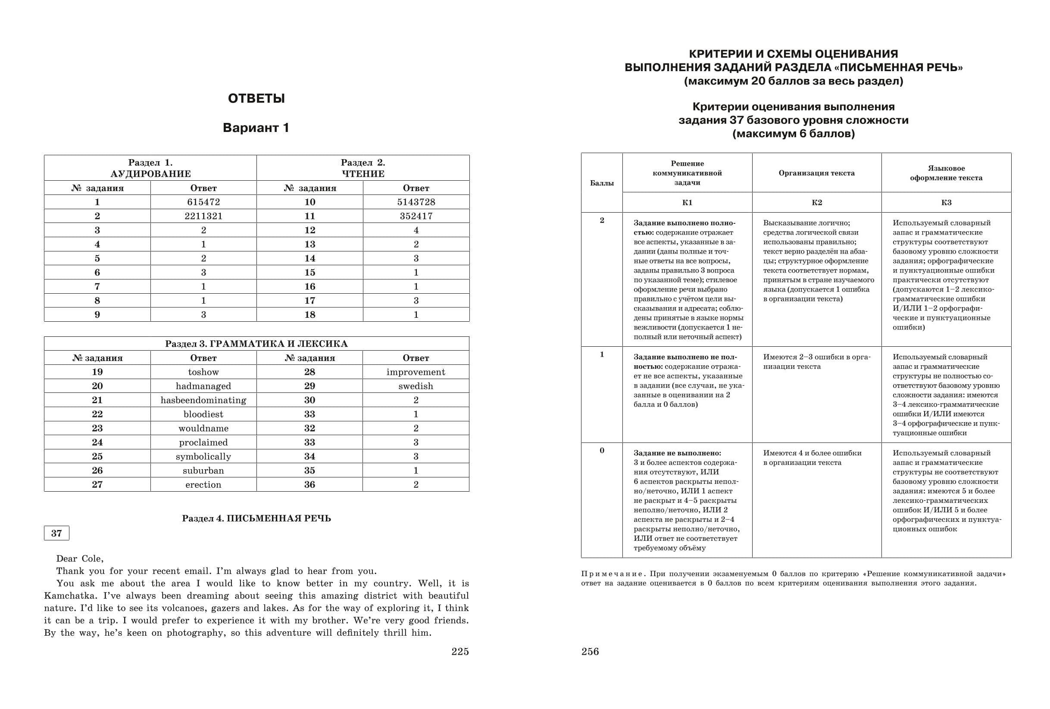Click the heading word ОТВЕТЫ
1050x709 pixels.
click(x=256, y=99)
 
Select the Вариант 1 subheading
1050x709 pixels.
click(x=256, y=128)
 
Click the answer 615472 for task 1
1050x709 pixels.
click(x=203, y=202)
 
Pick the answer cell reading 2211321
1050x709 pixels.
click(x=203, y=216)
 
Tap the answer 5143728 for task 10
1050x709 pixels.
click(x=416, y=202)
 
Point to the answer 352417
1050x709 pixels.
click(x=416, y=216)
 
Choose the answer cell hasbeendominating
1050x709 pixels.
click(x=203, y=400)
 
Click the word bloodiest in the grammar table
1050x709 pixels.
click(x=203, y=414)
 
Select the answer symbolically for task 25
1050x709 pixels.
click(x=203, y=456)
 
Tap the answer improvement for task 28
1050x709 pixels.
click(x=416, y=372)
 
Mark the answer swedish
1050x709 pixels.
click(x=416, y=386)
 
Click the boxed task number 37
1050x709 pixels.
click(x=56, y=533)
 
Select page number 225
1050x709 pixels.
click(x=460, y=652)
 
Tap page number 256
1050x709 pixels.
click(x=590, y=652)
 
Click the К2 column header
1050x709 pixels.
click(x=816, y=203)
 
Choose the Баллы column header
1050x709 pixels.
click(x=602, y=183)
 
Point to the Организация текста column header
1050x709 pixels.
click(x=816, y=173)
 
